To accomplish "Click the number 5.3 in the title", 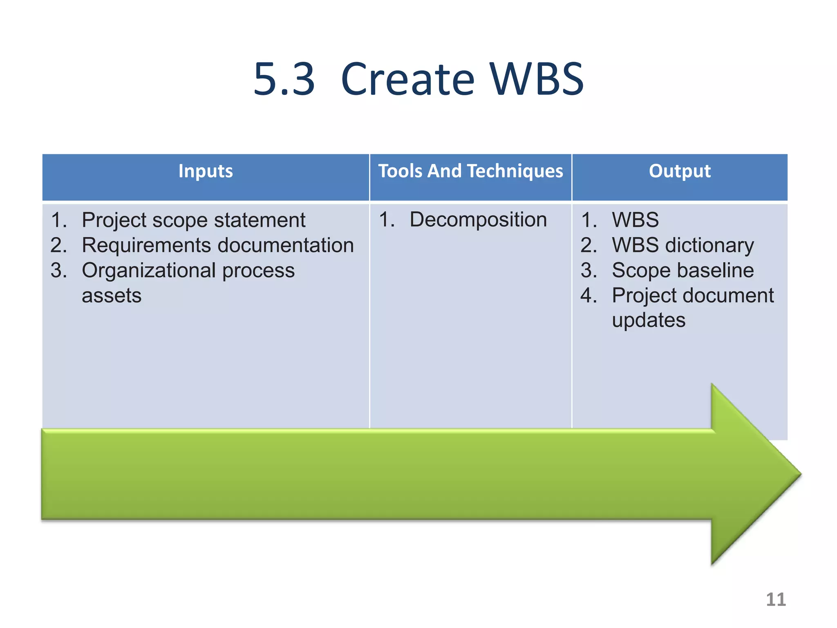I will [x=284, y=79].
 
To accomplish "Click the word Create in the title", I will [x=407, y=79].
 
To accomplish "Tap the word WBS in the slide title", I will [x=537, y=79].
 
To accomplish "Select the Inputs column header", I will [x=206, y=171].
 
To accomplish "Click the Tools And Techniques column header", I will [x=470, y=171].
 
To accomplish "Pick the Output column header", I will [x=680, y=171].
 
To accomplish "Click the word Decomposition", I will [x=478, y=220].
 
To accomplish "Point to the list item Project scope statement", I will [x=193, y=220].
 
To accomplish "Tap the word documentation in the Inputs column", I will [x=286, y=245].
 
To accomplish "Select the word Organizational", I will [x=149, y=271].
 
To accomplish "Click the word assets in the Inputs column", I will [x=112, y=296].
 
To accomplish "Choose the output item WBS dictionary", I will [x=683, y=245].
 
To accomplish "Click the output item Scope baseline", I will [x=683, y=270].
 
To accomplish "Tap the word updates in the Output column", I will [x=649, y=320].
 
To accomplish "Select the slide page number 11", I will [x=775, y=599].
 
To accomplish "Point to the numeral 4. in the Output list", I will [x=589, y=295].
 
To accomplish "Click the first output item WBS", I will [x=635, y=220].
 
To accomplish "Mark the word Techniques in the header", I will [x=515, y=171].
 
